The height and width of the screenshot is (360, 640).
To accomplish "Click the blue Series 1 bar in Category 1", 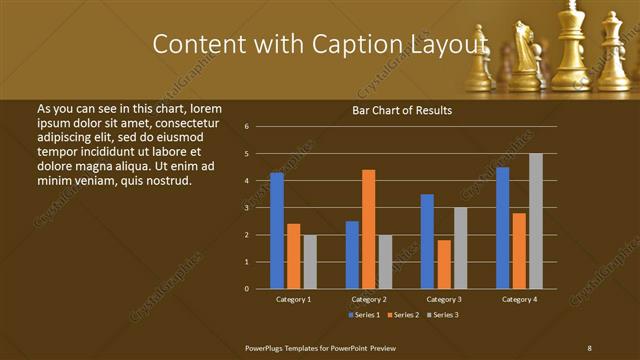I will [x=277, y=231].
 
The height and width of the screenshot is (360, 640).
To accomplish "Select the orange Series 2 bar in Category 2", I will [x=368, y=229].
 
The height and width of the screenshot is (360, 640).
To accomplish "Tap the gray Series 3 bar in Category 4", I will [x=536, y=221].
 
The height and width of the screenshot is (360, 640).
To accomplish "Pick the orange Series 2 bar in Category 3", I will [x=444, y=264].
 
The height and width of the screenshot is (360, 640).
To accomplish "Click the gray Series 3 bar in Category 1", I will [x=310, y=261].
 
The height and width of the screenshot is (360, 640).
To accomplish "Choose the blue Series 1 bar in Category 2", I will [x=352, y=255].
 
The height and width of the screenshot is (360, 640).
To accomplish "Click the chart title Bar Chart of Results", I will [x=402, y=111].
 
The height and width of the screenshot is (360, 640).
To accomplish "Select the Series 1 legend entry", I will [x=365, y=315].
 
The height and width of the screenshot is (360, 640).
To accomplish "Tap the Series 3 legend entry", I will [x=443, y=315].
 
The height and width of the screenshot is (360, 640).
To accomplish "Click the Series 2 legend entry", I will [x=404, y=315].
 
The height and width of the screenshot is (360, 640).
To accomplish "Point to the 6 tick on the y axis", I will [x=246, y=127].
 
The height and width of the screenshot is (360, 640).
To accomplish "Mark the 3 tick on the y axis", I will [x=246, y=208].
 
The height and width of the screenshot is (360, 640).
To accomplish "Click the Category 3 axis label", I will [x=444, y=299].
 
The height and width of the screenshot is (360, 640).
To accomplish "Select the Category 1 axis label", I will [x=293, y=299].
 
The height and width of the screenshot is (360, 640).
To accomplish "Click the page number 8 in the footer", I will [x=589, y=347].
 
